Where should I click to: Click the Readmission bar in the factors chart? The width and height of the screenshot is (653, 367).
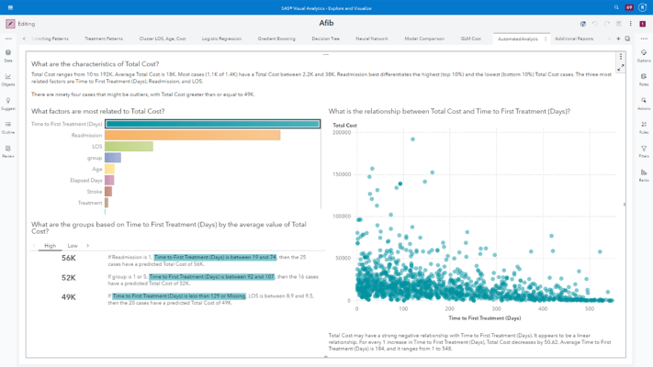pyautogui.click(x=192, y=135)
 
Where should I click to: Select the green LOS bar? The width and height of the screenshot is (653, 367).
pyautogui.click(x=129, y=147)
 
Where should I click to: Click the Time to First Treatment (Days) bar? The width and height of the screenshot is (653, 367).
pyautogui.click(x=212, y=124)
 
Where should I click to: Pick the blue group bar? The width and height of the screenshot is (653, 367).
pyautogui.click(x=113, y=158)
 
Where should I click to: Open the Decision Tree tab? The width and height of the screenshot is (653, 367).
pyautogui.click(x=325, y=39)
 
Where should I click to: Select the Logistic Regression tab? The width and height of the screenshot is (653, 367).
pyautogui.click(x=221, y=39)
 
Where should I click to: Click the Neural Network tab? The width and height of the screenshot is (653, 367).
pyautogui.click(x=372, y=39)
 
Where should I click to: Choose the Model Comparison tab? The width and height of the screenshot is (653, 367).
pyautogui.click(x=423, y=39)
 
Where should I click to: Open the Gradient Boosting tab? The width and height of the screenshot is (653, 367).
pyautogui.click(x=276, y=39)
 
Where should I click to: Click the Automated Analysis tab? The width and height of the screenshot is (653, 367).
pyautogui.click(x=517, y=39)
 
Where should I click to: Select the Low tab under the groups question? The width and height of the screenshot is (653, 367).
pyautogui.click(x=73, y=246)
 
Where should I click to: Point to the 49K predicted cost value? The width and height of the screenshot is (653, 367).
pyautogui.click(x=69, y=297)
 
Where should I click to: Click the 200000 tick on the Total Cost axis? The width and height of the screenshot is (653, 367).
pyautogui.click(x=340, y=132)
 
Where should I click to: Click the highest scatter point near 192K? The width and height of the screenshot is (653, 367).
pyautogui.click(x=411, y=139)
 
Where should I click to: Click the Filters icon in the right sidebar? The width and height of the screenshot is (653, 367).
pyautogui.click(x=643, y=150)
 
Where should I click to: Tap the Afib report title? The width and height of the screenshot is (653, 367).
pyautogui.click(x=326, y=23)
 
